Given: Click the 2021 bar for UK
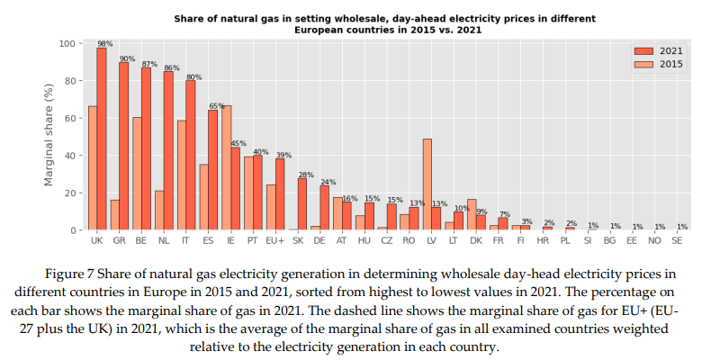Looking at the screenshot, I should coord(102,139).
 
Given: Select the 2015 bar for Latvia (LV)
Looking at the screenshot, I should coord(427,184).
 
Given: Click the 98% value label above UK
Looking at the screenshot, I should coord(104,43).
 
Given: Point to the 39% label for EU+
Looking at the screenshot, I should coord(283,155).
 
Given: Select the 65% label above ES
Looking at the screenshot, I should coord(217,106).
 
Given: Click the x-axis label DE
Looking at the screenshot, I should coord(319,242).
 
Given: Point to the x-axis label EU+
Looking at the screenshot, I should coord(274,242).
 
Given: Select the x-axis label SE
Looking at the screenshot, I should coord(676,242).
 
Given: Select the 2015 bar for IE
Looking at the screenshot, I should coord(226,167).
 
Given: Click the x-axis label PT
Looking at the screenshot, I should coord(253,242).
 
